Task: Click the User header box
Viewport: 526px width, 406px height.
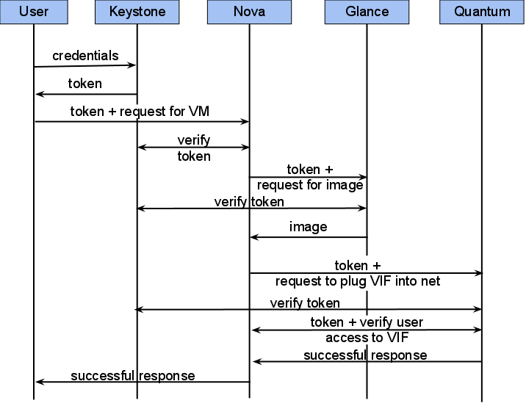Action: (34, 12)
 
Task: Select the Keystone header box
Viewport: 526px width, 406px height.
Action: (137, 12)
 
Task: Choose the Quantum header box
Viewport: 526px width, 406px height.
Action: (482, 12)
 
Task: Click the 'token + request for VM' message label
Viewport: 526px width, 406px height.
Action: (140, 112)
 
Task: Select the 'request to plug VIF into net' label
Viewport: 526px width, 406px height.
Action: (358, 282)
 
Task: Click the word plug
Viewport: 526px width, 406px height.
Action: (352, 282)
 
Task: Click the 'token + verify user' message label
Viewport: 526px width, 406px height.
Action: (367, 322)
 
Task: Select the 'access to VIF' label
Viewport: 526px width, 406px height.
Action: (367, 338)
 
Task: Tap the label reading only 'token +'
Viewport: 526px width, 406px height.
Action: (358, 265)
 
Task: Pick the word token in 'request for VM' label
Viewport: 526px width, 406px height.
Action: (87, 112)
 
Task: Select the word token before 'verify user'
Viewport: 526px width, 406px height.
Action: (327, 322)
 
